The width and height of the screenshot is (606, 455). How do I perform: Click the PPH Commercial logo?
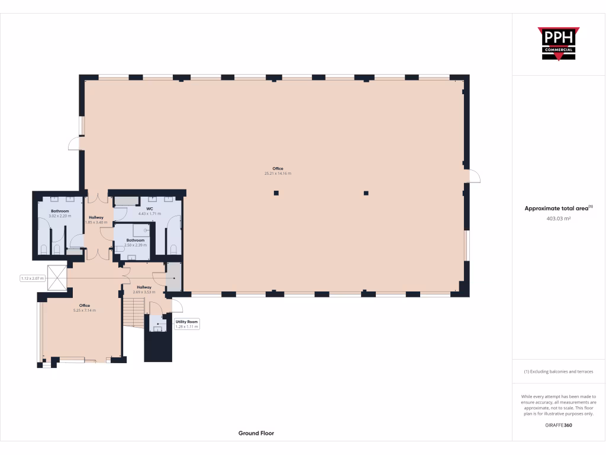[x=559, y=44]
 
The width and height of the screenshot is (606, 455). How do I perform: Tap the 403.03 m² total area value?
[x=559, y=219]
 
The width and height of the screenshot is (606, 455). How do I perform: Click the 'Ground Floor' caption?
[x=256, y=433]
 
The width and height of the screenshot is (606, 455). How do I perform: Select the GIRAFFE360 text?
[x=559, y=425]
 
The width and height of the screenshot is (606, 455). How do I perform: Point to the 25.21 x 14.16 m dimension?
[x=278, y=174]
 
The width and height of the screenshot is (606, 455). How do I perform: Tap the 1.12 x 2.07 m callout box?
[x=33, y=278]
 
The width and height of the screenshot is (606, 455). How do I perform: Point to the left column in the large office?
[x=276, y=193]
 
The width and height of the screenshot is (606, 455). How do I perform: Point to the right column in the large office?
[x=366, y=193]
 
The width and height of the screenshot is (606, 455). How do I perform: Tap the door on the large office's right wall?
[x=473, y=177]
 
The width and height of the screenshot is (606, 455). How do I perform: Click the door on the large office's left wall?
[x=75, y=143]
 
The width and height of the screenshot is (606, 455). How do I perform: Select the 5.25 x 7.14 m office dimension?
[x=81, y=310]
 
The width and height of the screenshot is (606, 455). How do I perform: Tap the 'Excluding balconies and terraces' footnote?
[x=559, y=371]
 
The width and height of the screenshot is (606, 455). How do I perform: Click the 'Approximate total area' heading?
[x=559, y=208]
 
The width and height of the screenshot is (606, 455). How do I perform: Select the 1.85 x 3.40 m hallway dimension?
[x=96, y=222]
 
